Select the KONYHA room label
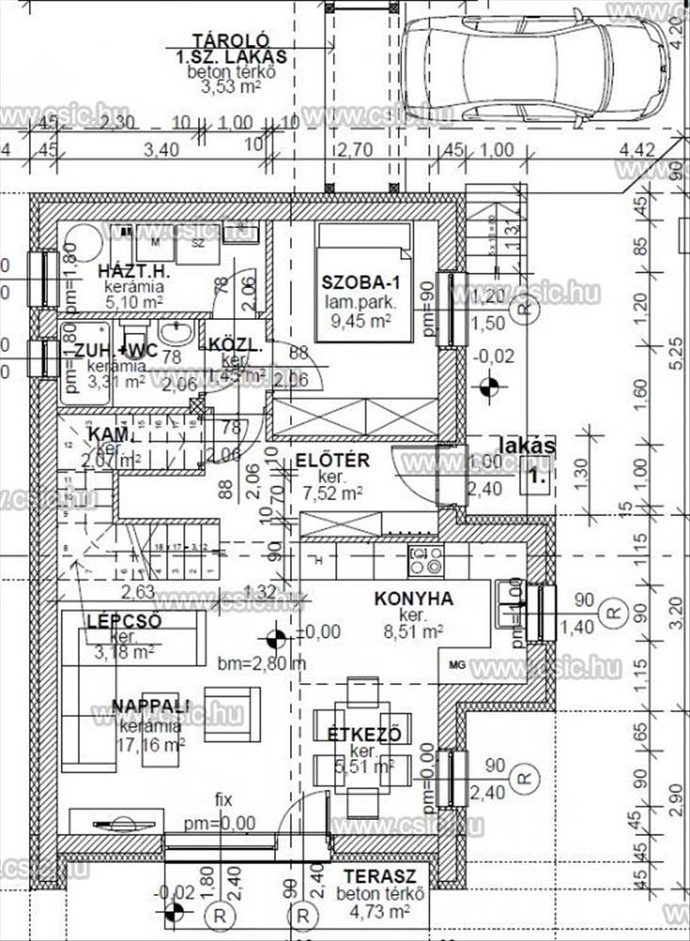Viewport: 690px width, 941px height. coord(413,598)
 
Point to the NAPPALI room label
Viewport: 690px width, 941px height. coord(151,706)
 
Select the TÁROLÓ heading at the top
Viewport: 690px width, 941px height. coord(231,40)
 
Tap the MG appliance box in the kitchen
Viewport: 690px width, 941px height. coord(457,664)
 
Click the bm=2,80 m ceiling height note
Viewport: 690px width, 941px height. coord(262,662)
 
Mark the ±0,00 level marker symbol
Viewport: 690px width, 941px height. coord(275,639)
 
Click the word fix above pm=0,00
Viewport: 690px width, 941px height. coord(223,799)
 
